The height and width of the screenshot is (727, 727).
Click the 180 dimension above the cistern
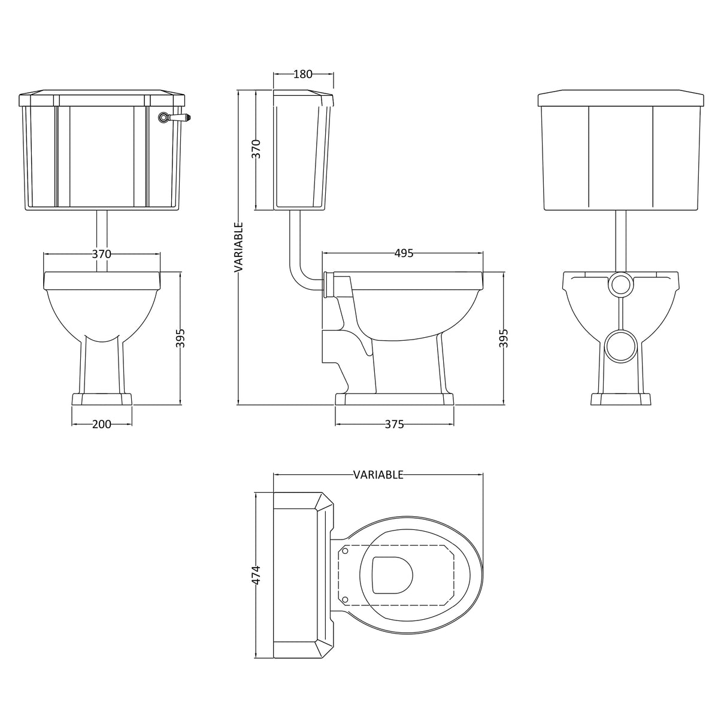click(303, 74)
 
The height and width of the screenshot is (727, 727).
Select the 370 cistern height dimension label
click(256, 149)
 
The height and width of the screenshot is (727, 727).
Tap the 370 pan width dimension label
click(101, 254)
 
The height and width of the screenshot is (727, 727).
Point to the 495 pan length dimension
click(404, 253)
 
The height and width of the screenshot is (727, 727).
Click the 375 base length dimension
click(394, 424)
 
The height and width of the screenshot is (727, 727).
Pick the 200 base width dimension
click(102, 424)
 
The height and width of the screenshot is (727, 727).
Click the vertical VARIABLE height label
click(238, 247)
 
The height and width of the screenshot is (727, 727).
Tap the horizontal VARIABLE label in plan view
click(378, 475)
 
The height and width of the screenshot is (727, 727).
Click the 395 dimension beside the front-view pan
click(181, 338)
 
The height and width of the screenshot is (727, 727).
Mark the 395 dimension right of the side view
click(504, 338)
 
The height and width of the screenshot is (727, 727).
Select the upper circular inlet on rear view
click(620, 285)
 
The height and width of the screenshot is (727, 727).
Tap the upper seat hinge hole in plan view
click(346, 550)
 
